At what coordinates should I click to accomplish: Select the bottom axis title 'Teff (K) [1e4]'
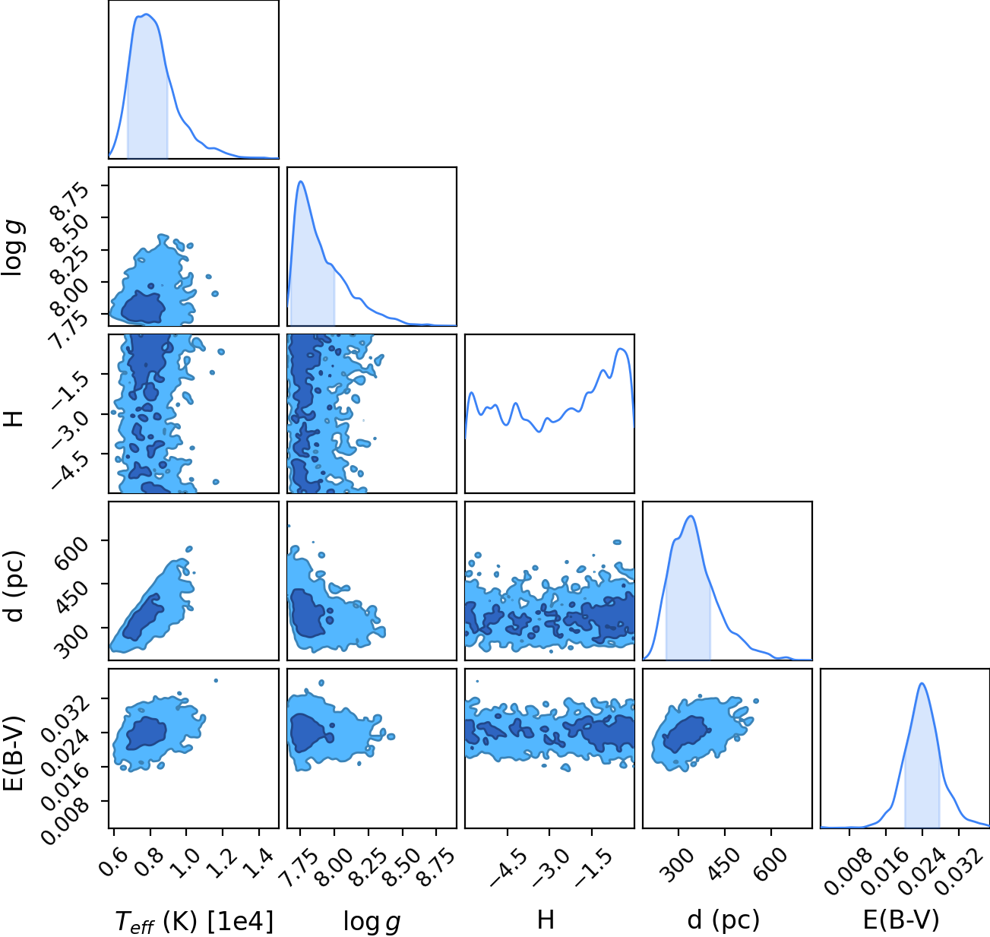coord(194,922)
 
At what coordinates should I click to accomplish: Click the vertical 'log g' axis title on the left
coord(13,248)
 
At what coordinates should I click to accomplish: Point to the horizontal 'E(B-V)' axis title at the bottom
coord(901,920)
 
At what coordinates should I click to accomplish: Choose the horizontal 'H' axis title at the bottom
coord(546,920)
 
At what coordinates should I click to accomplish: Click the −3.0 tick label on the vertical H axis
coord(70,429)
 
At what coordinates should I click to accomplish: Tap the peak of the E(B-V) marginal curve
coord(922,683)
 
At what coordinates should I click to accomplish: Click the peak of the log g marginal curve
coord(301,182)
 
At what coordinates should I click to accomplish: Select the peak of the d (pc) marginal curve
coord(691,516)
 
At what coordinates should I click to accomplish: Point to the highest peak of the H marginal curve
coord(621,349)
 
